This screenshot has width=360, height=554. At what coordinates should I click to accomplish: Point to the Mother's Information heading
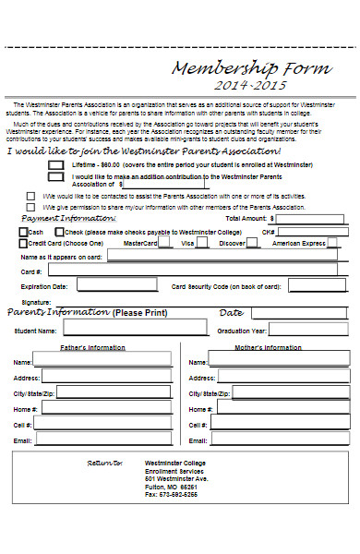(x=269, y=347)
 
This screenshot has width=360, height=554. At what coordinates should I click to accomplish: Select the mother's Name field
(x=278, y=361)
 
